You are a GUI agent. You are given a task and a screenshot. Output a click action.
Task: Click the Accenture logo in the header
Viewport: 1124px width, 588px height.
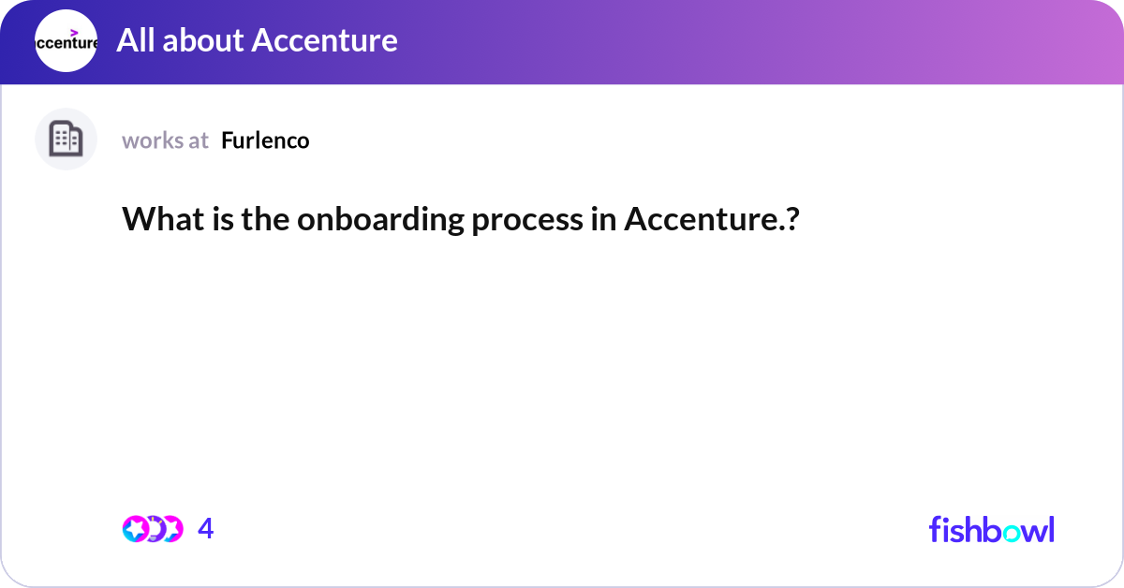click(x=66, y=41)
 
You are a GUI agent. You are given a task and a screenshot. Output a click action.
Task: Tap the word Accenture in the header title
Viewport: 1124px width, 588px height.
click(x=324, y=40)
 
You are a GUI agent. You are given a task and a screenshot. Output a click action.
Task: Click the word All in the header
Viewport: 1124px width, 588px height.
click(x=134, y=40)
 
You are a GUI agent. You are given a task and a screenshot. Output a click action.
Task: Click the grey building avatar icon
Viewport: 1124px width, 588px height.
click(x=66, y=140)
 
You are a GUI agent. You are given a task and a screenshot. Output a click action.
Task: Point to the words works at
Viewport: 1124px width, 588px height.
click(x=165, y=140)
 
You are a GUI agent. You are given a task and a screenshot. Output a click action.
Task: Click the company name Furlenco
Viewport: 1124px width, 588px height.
click(x=265, y=140)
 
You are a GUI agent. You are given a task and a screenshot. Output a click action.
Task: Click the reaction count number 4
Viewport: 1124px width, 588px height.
click(x=206, y=529)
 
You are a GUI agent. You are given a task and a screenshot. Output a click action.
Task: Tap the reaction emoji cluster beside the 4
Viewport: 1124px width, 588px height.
click(x=152, y=529)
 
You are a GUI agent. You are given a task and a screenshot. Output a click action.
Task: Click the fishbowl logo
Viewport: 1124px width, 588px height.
click(x=991, y=529)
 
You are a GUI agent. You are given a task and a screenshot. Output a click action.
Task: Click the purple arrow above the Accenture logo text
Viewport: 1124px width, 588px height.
click(x=74, y=32)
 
